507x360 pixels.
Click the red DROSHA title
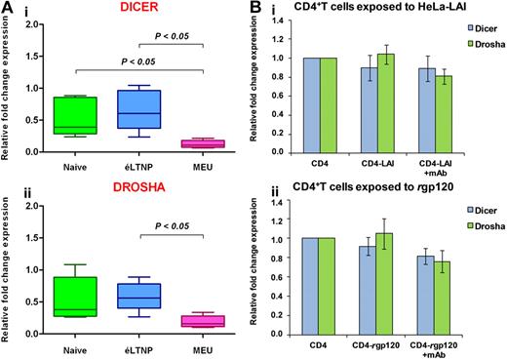click(144, 195)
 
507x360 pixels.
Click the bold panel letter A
click(8, 8)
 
